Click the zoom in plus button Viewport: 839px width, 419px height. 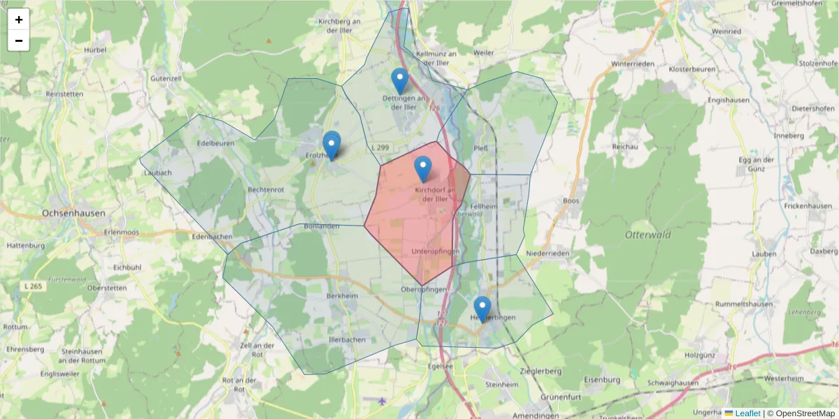pyautogui.click(x=19, y=20)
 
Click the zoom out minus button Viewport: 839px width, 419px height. pyautogui.click(x=19, y=41)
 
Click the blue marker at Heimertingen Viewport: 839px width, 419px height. pyautogui.click(x=482, y=309)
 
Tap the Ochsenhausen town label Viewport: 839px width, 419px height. pyautogui.click(x=73, y=213)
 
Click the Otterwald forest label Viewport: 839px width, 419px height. pyautogui.click(x=647, y=235)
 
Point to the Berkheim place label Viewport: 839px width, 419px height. pyautogui.click(x=342, y=295)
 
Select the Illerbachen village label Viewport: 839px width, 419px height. pyautogui.click(x=347, y=340)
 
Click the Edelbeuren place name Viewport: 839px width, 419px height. pyautogui.click(x=215, y=143)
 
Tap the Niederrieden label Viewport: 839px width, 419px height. pyautogui.click(x=548, y=253)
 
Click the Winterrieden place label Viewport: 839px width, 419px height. pyautogui.click(x=632, y=64)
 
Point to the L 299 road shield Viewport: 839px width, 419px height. pyautogui.click(x=380, y=148)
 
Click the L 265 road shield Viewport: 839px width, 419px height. pyautogui.click(x=31, y=286)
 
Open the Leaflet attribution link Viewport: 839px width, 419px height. pyautogui.click(x=747, y=413)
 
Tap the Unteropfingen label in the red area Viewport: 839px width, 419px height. pyautogui.click(x=436, y=251)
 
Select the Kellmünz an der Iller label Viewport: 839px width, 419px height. pyautogui.click(x=436, y=53)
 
